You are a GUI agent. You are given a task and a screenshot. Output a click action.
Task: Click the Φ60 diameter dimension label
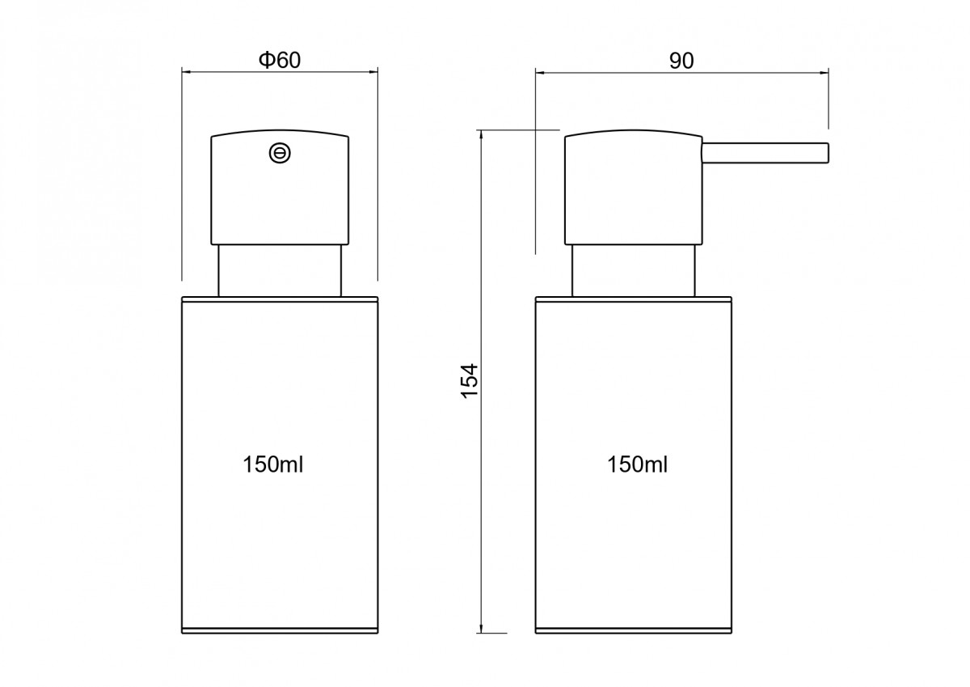click(280, 60)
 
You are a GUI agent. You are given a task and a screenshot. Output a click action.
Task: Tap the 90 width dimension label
click(681, 61)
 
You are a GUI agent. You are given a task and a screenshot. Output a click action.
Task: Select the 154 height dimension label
click(470, 381)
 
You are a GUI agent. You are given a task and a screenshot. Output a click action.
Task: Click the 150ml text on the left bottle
click(273, 464)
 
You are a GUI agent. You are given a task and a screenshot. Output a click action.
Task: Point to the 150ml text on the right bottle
click(638, 464)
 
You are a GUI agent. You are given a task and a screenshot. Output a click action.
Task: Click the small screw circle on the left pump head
click(280, 153)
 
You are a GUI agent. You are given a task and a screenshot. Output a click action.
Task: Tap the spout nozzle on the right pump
click(765, 153)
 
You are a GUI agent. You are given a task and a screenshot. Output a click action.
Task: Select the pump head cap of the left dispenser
click(280, 187)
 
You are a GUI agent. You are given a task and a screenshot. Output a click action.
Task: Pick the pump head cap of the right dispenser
click(634, 187)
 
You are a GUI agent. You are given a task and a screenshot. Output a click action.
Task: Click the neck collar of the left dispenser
click(280, 271)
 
